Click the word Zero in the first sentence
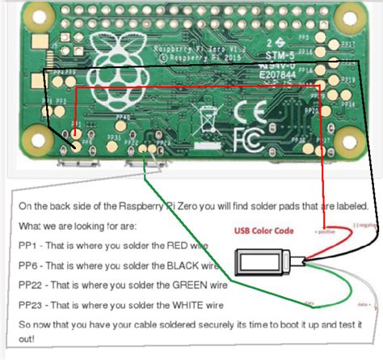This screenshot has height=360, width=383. point(172,206)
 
